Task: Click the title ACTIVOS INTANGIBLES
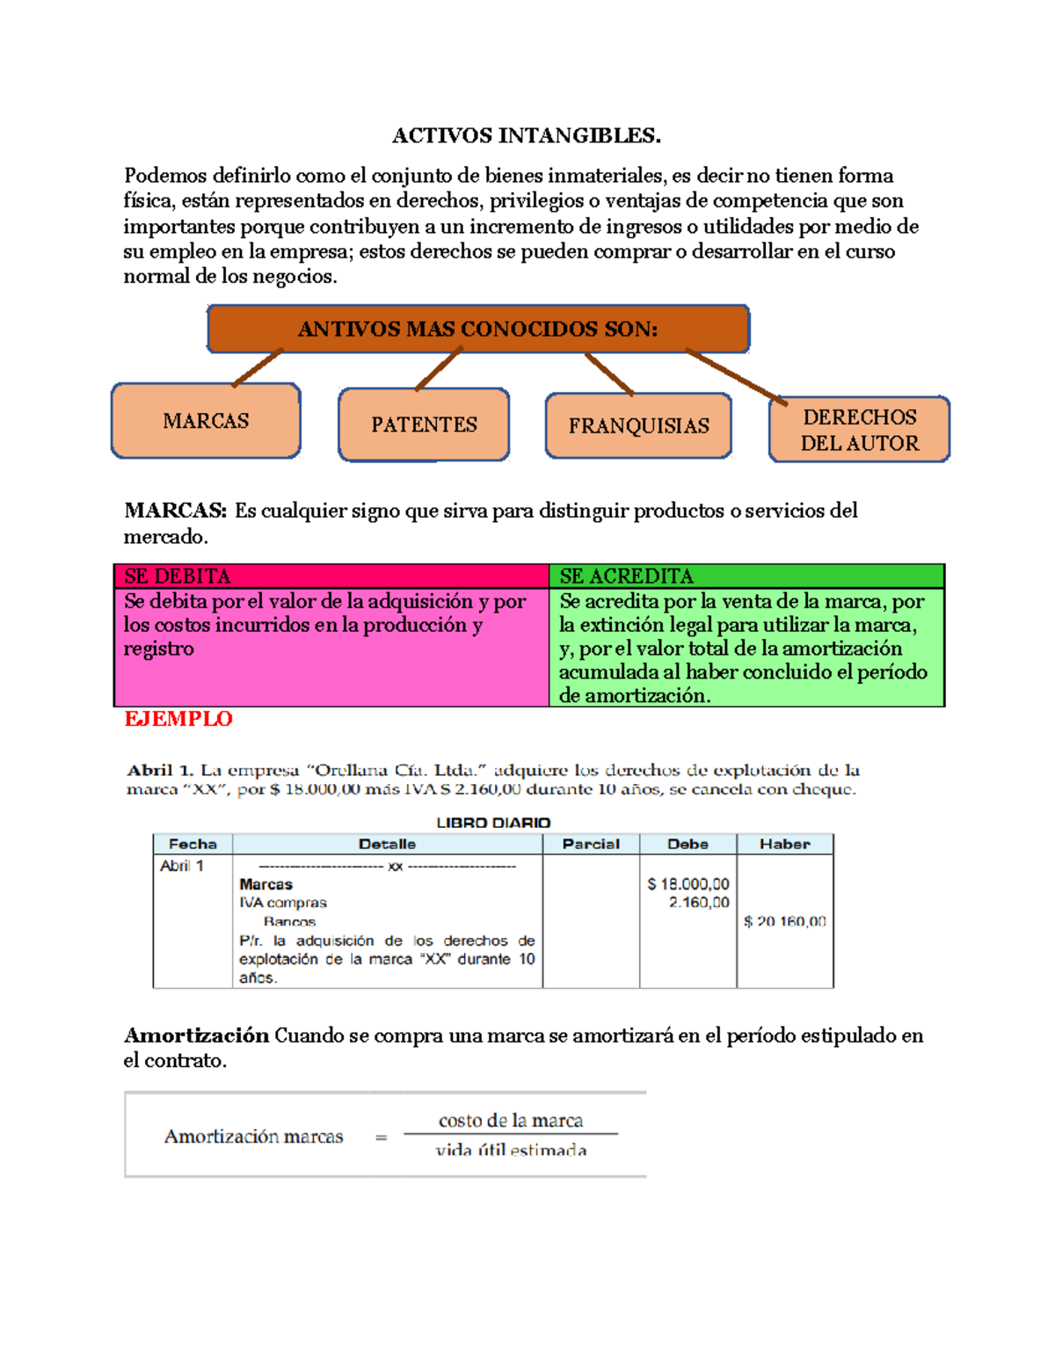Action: coord(526,135)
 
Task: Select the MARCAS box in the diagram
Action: coord(206,421)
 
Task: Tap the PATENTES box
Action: coord(424,425)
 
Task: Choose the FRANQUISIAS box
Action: coord(638,426)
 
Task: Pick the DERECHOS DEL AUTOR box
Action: coord(859,430)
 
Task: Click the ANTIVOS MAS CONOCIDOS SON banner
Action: coord(478,330)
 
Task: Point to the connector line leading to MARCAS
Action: coord(258,367)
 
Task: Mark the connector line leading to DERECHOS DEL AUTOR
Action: coord(736,377)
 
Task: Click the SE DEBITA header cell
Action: coord(331,577)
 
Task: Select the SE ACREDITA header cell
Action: coord(746,577)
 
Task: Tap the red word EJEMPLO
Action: coord(178,719)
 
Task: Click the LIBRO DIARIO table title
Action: coord(493,823)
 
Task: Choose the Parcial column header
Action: coord(591,844)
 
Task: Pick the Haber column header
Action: coord(784,844)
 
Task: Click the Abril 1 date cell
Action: coord(182,866)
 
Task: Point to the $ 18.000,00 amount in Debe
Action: coord(688,884)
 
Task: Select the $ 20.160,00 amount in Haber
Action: coord(784,921)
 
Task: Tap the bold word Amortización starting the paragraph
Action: coord(196,1035)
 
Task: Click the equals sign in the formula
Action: coord(381,1137)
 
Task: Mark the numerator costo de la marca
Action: coord(511,1121)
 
